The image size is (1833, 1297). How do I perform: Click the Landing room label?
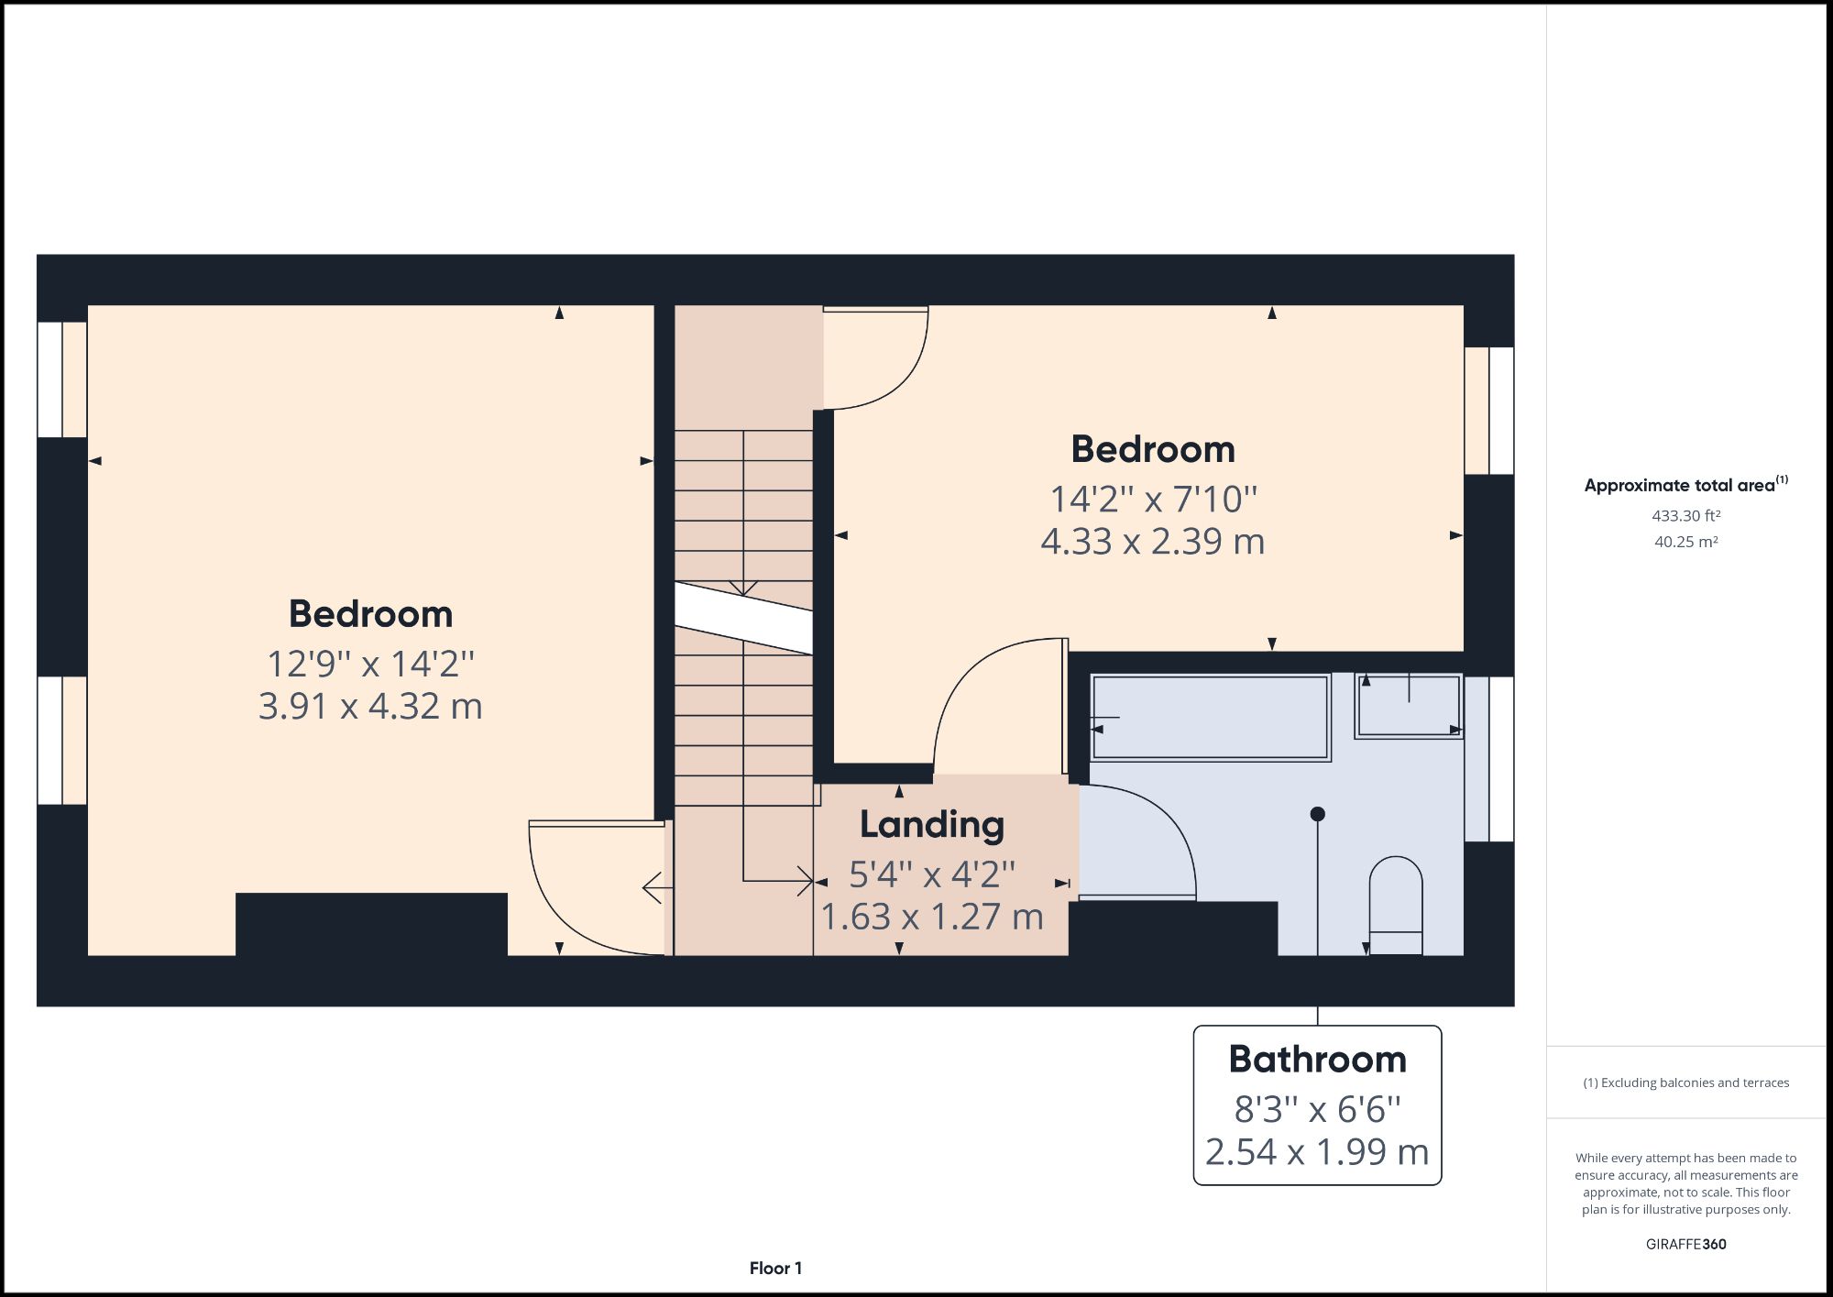point(931,825)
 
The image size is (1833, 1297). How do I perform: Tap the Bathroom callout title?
point(1317,1060)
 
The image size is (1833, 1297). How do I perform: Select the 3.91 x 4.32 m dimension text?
point(370,707)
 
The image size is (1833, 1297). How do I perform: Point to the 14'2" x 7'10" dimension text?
point(1153,500)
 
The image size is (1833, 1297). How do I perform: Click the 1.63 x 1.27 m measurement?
point(931,918)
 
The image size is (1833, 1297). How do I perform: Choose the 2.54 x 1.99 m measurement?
point(1317,1152)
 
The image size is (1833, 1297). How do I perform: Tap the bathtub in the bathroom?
point(1210,718)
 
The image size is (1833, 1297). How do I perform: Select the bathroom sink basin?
point(1408,706)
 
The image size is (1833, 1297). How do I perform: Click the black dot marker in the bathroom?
point(1317,814)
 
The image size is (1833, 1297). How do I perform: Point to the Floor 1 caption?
point(775,1269)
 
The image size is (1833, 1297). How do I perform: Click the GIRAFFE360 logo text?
point(1685,1244)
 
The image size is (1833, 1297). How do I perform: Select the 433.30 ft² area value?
point(1685,516)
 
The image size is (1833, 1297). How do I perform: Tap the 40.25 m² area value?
point(1685,542)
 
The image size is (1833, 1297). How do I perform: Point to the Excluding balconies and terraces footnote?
point(1685,1083)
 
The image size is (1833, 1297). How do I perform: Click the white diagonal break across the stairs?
point(743,618)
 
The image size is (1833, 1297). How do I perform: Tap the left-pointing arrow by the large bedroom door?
point(653,887)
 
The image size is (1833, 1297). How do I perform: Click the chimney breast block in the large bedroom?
point(371,924)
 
